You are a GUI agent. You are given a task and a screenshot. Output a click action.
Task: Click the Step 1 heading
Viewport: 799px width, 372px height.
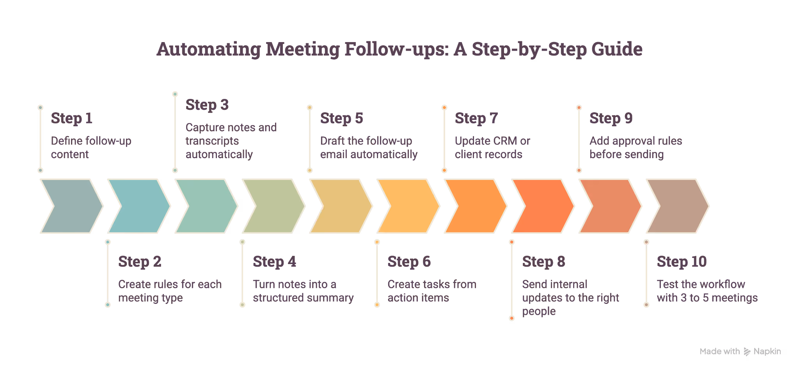coord(72,118)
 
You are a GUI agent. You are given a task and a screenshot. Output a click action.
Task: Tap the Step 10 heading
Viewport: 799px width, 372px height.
coord(682,261)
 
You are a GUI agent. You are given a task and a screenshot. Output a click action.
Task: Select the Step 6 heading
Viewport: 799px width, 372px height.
coord(409,261)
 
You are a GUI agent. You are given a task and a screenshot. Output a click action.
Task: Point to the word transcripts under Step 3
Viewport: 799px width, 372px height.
coord(212,141)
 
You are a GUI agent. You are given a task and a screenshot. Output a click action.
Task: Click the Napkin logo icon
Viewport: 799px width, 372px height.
coord(747,351)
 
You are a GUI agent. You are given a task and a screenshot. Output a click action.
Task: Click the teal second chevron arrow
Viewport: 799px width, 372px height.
coord(139,206)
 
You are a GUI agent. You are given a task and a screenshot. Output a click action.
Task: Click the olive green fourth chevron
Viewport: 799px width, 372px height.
coord(273,206)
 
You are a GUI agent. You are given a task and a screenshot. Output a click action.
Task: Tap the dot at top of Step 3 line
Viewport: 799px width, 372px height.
coord(175,94)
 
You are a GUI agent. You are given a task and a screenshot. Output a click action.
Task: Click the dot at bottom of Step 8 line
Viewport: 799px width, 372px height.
coord(512,318)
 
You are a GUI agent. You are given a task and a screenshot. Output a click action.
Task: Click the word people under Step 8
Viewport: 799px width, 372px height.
coord(539,312)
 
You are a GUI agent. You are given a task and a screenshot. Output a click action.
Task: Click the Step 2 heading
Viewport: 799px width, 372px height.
coord(140,261)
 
